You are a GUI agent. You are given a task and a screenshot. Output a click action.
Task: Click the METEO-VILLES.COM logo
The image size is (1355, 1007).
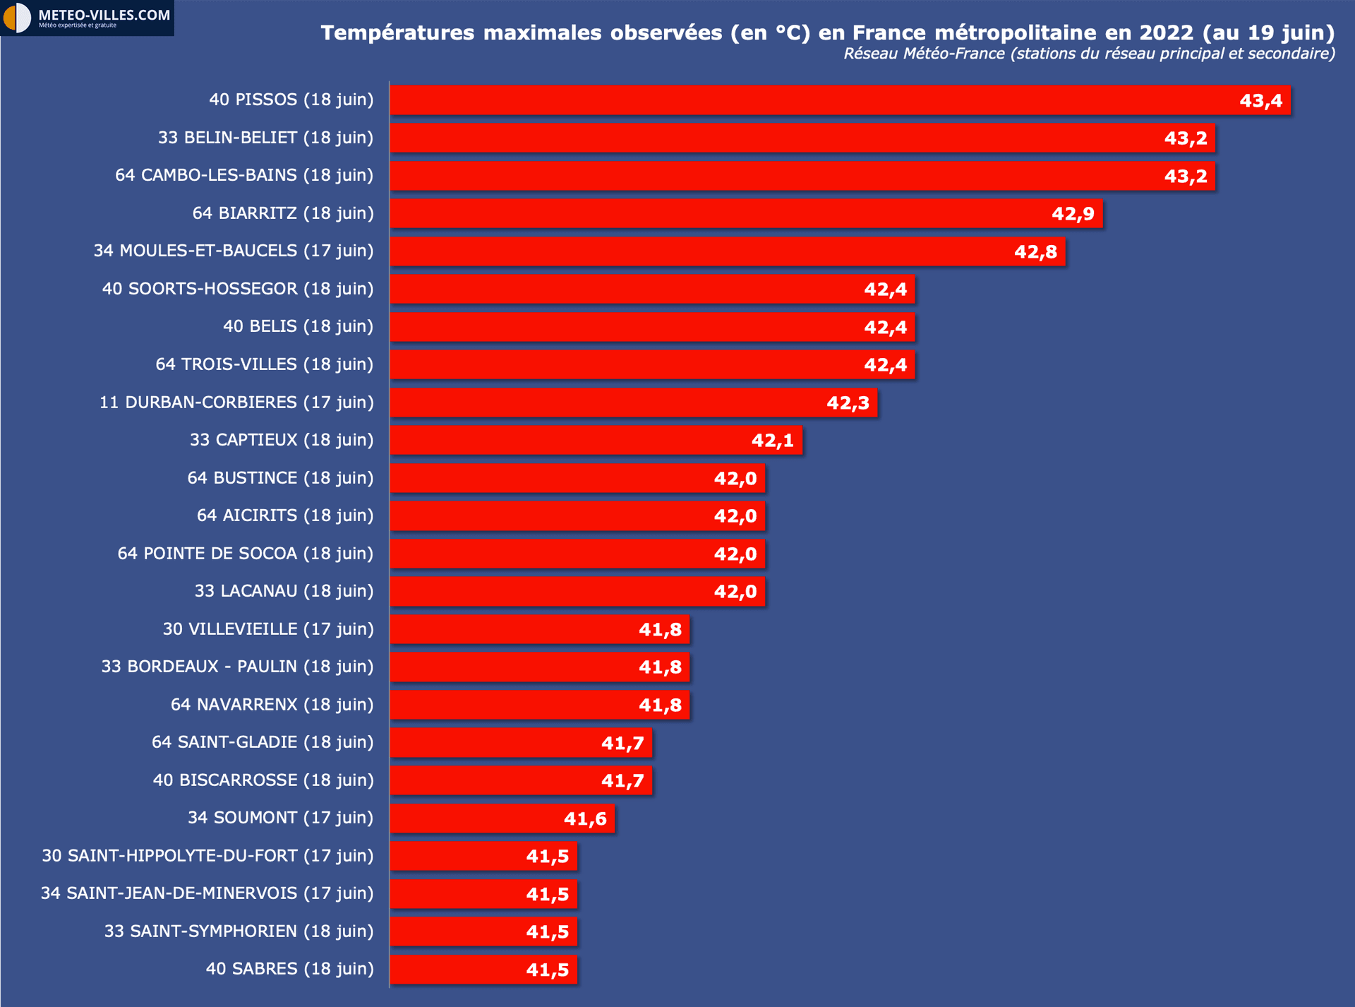pos(86,18)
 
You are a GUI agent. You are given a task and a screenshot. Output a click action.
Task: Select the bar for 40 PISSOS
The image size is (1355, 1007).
pos(812,100)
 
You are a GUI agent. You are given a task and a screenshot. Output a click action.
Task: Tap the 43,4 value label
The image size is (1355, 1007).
pos(1260,101)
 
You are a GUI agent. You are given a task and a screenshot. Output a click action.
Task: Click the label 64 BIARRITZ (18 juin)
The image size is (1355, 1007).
pos(283,213)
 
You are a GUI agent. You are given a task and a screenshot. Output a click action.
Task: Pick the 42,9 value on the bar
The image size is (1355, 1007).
pos(1073,214)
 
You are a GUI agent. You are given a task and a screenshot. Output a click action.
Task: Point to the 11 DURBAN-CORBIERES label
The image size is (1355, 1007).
pos(236,403)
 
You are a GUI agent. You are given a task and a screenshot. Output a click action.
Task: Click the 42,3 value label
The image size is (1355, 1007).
pos(848,403)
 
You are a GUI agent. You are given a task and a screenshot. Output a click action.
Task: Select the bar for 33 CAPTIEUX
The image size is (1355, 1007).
pos(565,440)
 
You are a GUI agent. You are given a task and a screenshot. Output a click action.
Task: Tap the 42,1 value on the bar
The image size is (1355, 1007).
pos(772,441)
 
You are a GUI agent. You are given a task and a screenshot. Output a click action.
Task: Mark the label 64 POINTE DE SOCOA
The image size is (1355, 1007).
pos(246,554)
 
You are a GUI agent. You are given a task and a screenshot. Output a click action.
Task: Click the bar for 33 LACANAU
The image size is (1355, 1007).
pos(550,591)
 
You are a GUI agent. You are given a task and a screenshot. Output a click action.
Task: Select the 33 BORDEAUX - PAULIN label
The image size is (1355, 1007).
pos(237,667)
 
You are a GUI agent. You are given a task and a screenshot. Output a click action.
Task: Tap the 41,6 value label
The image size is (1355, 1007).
pos(584,819)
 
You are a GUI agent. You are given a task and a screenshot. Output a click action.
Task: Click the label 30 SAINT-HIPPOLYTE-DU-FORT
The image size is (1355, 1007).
pos(207,856)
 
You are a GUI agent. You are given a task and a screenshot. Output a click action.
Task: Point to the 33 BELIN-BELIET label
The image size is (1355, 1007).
pos(265,138)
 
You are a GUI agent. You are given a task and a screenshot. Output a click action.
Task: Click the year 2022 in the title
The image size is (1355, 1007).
pos(1166,32)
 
